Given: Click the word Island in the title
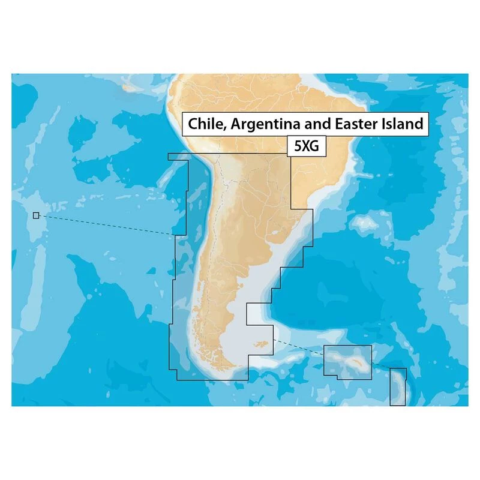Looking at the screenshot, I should (400, 124).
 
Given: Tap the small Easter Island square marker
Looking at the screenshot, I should (36, 215).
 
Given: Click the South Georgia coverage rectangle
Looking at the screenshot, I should (347, 361).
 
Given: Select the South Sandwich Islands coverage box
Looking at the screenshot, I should (398, 387).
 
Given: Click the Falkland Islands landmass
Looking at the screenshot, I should (260, 345).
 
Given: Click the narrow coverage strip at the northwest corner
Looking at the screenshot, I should (178, 157).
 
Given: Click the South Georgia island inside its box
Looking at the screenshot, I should (351, 359).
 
